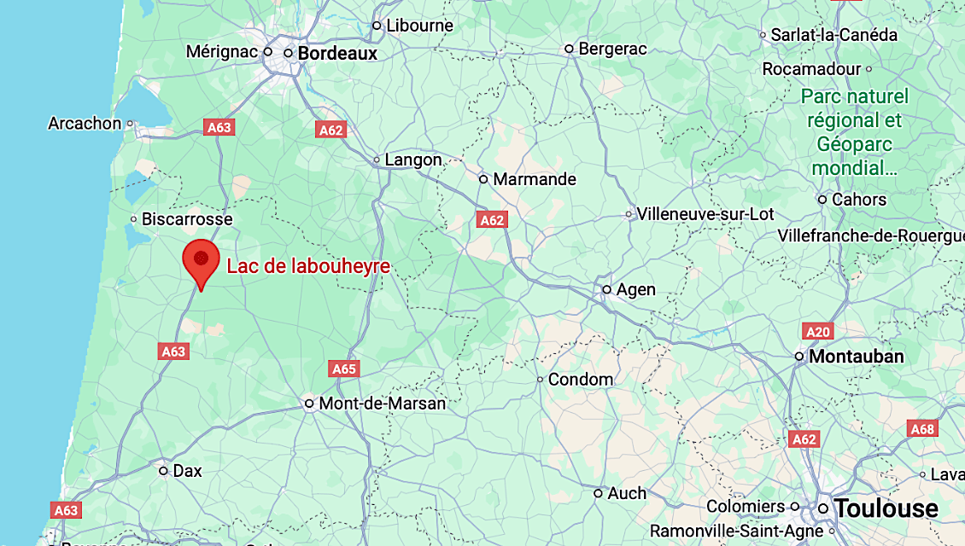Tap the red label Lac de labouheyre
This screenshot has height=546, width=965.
308,266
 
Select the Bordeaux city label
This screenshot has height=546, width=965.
337,53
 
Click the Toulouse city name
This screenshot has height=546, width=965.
886,509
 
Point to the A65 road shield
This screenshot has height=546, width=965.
344,369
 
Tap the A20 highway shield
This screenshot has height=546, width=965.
817,331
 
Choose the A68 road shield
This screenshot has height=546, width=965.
923,429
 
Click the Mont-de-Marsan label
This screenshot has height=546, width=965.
383,404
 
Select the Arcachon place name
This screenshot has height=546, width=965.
85,124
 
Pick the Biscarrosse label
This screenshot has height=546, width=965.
187,219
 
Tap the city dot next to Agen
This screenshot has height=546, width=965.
607,290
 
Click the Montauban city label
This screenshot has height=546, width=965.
857,357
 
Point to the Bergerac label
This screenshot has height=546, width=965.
613,49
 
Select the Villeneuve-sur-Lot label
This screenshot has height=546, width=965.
705,214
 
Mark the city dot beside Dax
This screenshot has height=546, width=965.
163,470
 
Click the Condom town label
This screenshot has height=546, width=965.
581,379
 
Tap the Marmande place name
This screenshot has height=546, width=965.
535,179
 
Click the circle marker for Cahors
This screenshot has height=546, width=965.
822,200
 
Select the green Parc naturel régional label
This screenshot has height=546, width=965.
854,131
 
